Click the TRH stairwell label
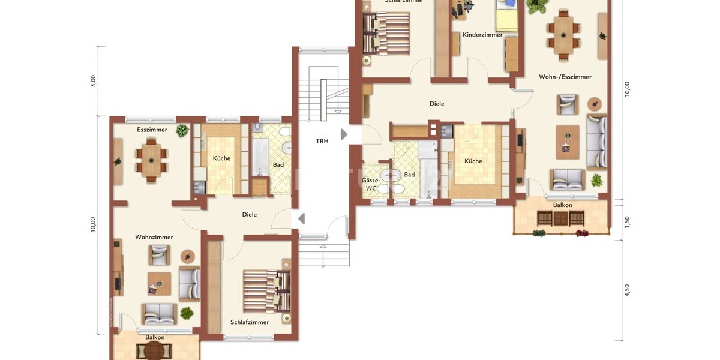[322, 142]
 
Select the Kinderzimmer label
[482, 35]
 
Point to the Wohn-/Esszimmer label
[565, 77]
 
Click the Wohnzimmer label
[154, 237]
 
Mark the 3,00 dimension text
[93, 81]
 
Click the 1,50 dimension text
[628, 221]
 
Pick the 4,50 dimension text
[628, 290]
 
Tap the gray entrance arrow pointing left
[301, 219]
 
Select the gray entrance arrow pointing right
[344, 134]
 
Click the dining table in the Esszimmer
[150, 157]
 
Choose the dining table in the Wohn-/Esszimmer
[564, 35]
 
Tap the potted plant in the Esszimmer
[182, 131]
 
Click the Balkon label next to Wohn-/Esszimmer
[562, 205]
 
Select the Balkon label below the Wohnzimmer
[155, 337]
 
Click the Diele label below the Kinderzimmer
[437, 104]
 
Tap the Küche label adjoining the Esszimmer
[221, 158]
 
